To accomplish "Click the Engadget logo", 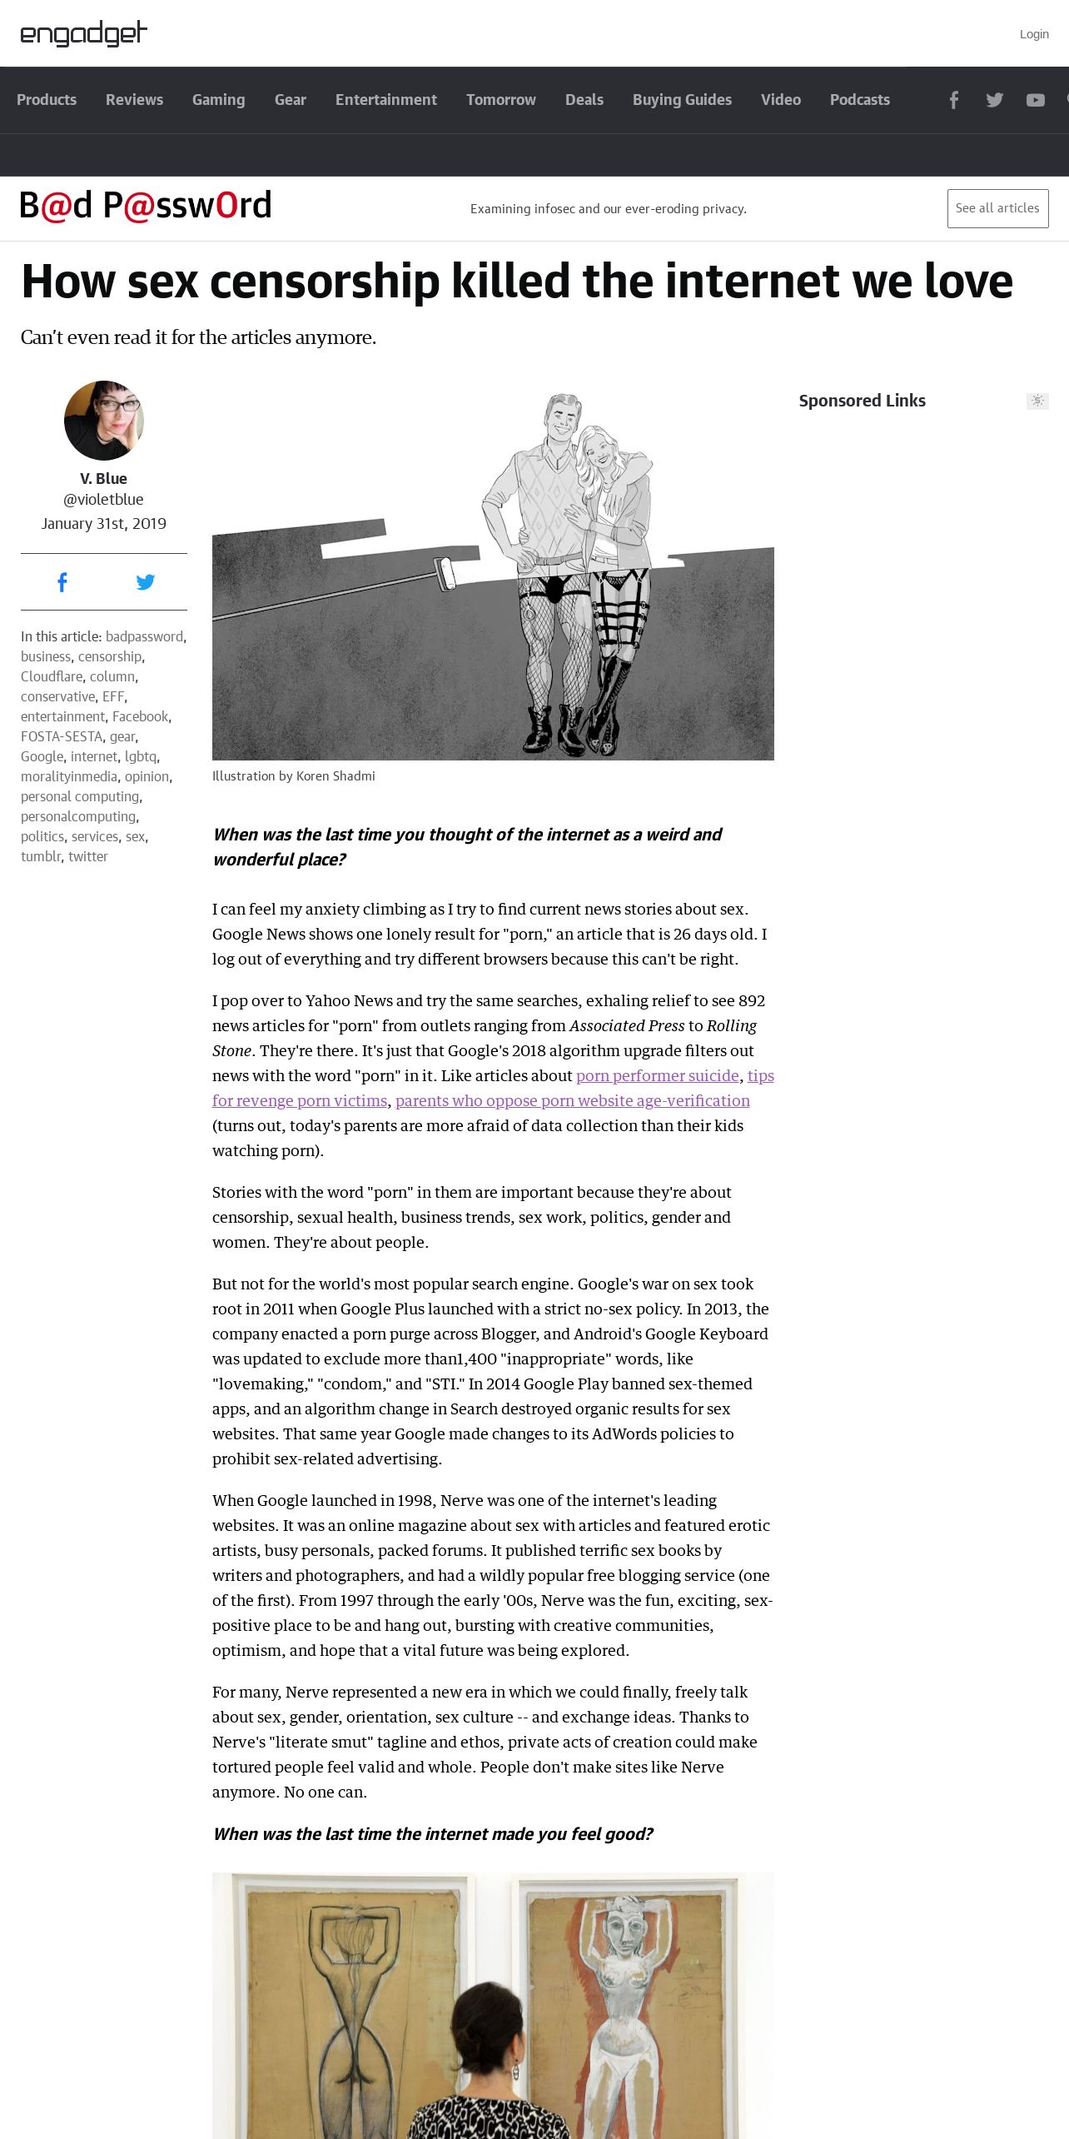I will (x=83, y=33).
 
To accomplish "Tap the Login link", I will (x=1033, y=34).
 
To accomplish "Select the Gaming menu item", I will (x=218, y=100).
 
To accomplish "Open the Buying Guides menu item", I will (x=682, y=100).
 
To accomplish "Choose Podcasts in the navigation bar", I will (x=859, y=100).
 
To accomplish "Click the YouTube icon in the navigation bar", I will (x=1035, y=100).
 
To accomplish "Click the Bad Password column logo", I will (x=146, y=206).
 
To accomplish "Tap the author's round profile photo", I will (x=104, y=421).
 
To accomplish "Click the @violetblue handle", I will (x=103, y=500).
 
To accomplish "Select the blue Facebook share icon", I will (x=62, y=582).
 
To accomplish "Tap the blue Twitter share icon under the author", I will (x=146, y=582).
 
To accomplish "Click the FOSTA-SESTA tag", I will (x=62, y=736).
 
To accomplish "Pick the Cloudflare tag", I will (x=52, y=676).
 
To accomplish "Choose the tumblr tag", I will (x=41, y=856).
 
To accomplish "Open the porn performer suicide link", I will (x=657, y=1075).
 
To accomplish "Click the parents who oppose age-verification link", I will (x=572, y=1100).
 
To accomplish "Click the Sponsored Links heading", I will (x=862, y=401).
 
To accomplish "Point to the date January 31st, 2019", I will (x=104, y=524).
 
